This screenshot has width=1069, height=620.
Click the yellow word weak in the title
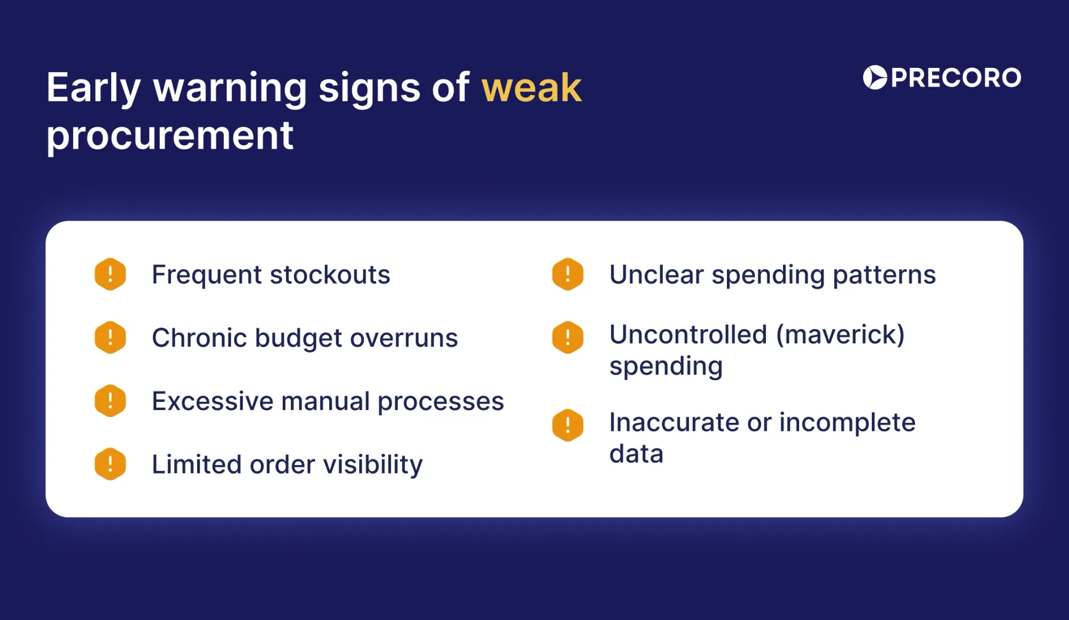(531, 88)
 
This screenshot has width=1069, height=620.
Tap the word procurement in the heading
(170, 136)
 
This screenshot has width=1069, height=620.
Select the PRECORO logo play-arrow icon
(875, 78)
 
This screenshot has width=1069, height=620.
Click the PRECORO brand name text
(956, 78)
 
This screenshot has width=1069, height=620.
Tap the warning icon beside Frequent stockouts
(110, 274)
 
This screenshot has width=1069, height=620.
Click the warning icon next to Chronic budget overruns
(110, 337)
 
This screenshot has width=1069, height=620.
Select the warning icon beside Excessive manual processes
(110, 401)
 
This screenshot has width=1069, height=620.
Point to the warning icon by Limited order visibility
(110, 464)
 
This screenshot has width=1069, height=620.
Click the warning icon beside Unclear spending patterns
(568, 274)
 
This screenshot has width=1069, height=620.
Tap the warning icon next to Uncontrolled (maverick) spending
(568, 337)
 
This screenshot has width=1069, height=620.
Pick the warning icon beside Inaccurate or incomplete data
(568, 425)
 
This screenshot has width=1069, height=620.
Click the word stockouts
(330, 275)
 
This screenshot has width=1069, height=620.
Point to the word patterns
(884, 275)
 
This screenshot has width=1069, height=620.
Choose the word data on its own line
(636, 454)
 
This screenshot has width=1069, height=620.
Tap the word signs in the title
(369, 88)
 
